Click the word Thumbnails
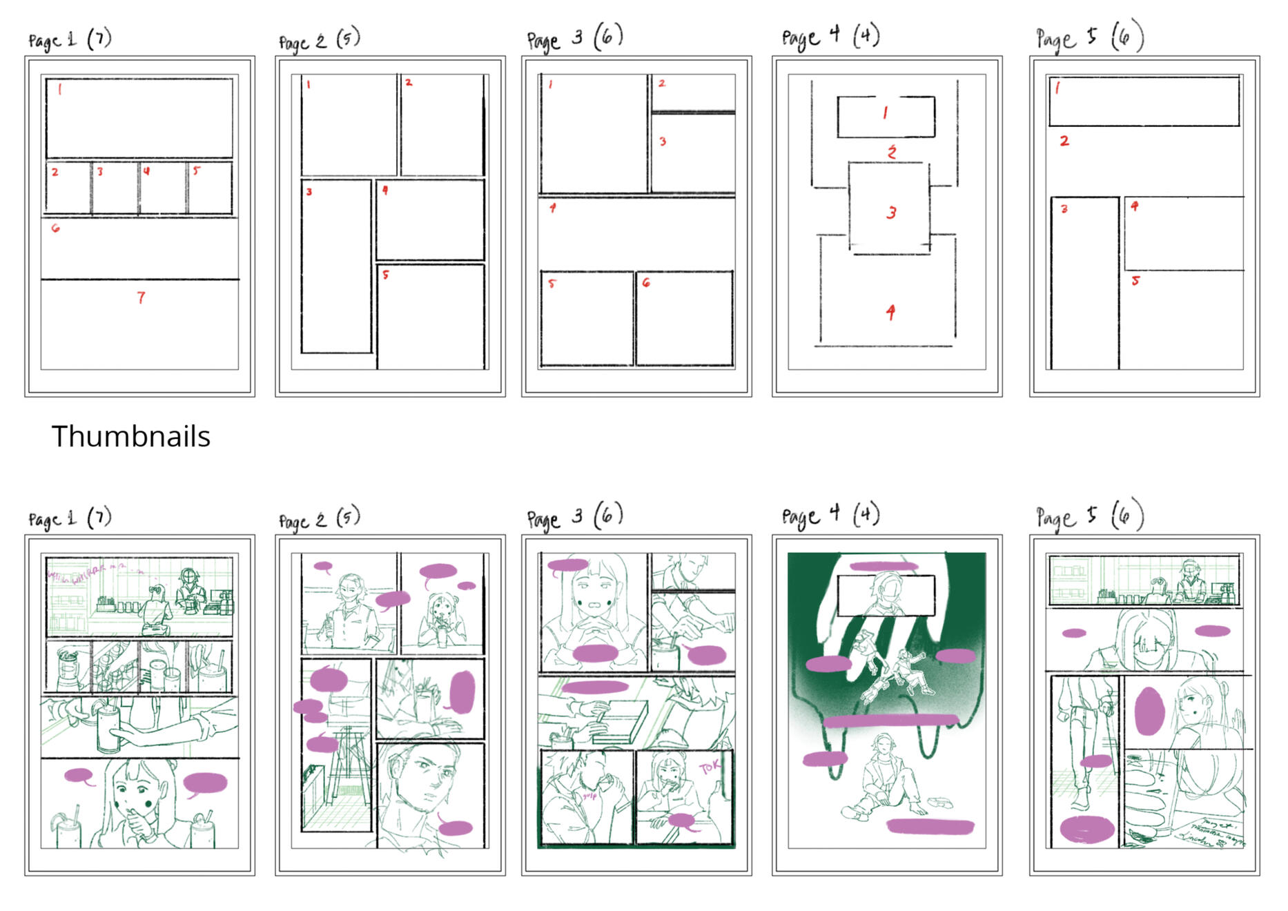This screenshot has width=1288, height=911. point(130,436)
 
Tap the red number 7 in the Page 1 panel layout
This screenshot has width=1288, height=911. point(141,297)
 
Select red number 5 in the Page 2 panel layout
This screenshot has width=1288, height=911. point(385,275)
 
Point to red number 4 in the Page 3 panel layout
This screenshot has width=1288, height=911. point(552,208)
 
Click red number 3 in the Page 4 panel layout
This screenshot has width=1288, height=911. point(891,213)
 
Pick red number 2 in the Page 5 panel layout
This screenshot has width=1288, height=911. point(1064,141)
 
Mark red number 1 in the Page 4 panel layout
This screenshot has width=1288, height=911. point(885,113)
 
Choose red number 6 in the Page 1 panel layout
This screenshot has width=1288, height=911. point(55,228)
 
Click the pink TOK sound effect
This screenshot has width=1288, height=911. point(710,767)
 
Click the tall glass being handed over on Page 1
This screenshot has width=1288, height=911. point(108,730)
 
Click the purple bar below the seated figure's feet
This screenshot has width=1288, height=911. point(930,825)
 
